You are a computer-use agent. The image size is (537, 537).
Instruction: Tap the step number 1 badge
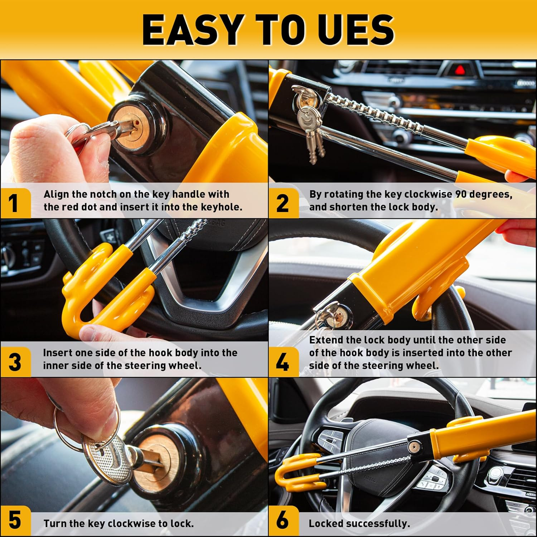pos(14,203)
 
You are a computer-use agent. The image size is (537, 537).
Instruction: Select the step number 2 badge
pos(282,203)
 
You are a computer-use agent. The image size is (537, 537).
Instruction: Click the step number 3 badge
pos(15,362)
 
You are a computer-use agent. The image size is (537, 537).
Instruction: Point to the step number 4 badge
pos(282,362)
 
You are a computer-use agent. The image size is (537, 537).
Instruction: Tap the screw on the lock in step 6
pos(415,446)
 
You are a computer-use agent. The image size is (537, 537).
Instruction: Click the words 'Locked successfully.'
pos(359,523)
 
